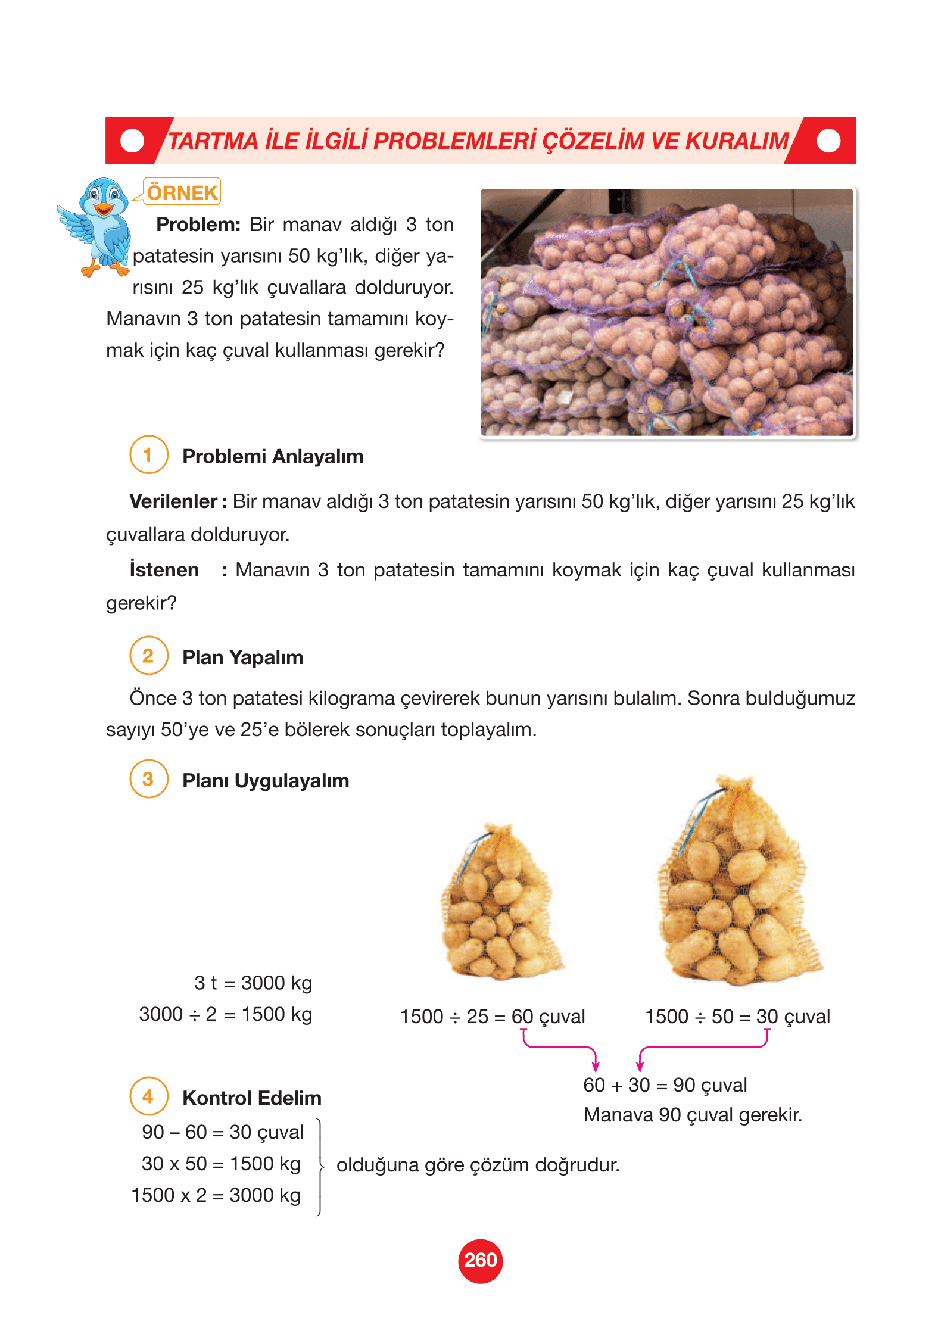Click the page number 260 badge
480,1260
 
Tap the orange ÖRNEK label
182,192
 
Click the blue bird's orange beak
104,209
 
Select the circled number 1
148,455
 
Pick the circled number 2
148,656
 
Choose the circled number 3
148,779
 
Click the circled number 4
148,1096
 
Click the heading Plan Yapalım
242,657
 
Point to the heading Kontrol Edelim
251,1098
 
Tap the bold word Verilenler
173,501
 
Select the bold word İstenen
164,570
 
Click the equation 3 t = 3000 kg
253,983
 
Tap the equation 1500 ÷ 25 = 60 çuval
492,1017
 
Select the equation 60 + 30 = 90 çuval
665,1085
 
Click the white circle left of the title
132,141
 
